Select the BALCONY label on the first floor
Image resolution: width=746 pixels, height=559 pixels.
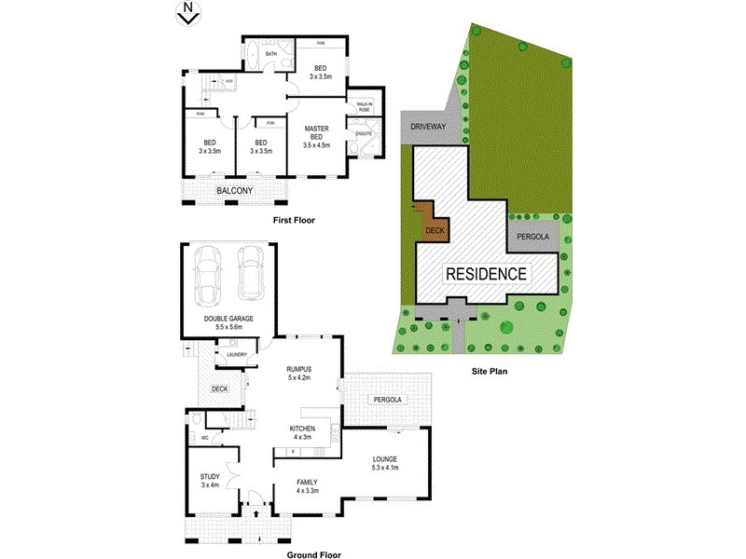tap(237, 191)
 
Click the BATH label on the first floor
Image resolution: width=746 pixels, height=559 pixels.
tap(271, 54)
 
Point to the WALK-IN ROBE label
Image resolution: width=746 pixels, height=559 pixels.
tap(365, 107)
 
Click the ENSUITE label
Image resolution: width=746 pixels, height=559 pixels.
tap(365, 133)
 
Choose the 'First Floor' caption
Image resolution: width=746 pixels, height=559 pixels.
tap(294, 221)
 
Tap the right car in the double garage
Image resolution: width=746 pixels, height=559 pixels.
tap(249, 273)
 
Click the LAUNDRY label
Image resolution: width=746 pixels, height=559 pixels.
tap(234, 353)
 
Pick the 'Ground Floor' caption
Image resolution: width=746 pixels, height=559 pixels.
tap(313, 554)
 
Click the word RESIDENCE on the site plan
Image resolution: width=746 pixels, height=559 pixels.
tap(486, 275)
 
